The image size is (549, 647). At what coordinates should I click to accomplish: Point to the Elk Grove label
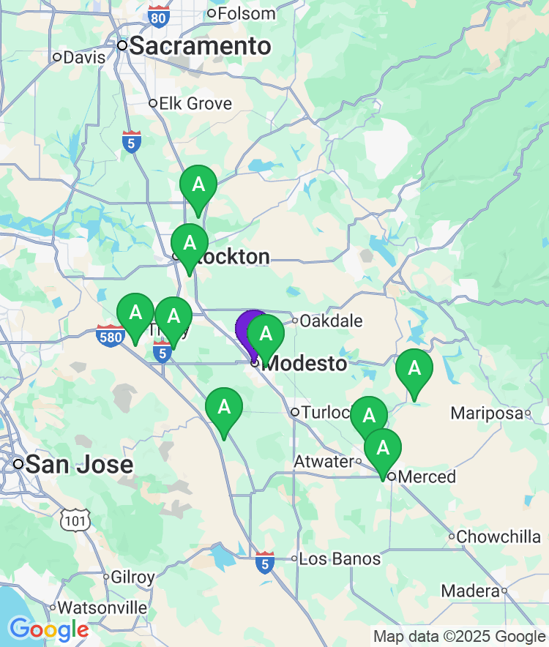(195, 103)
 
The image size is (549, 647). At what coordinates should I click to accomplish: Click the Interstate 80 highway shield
(158, 15)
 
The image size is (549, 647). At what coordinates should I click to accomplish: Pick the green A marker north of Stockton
(198, 185)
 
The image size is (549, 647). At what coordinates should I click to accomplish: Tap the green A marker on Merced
(383, 448)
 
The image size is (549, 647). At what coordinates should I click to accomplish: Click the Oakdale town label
(332, 321)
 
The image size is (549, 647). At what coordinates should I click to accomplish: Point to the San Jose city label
(80, 464)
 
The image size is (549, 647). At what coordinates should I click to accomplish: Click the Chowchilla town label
(498, 536)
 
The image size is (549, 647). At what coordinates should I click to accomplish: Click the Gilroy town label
(132, 577)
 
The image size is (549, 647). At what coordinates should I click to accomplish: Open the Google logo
(48, 629)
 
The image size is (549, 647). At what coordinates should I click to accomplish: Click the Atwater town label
(323, 462)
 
